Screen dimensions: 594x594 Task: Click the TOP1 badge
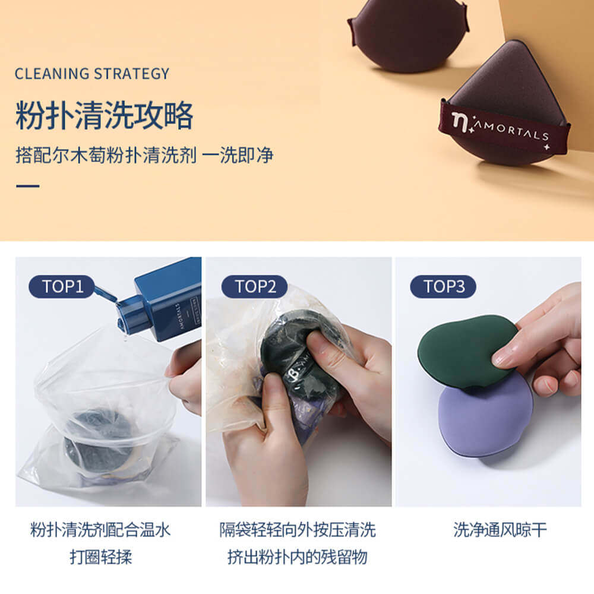[61, 287]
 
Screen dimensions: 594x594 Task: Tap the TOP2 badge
[254, 287]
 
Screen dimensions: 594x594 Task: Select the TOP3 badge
[443, 287]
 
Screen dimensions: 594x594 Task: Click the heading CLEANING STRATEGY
[92, 74]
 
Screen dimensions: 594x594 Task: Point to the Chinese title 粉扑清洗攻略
[105, 115]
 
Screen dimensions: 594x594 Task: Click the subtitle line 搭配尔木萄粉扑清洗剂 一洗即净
[144, 155]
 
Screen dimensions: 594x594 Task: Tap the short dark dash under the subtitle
[27, 186]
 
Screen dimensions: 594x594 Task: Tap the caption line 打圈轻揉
[100, 557]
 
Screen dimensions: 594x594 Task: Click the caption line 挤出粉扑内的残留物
[298, 557]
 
